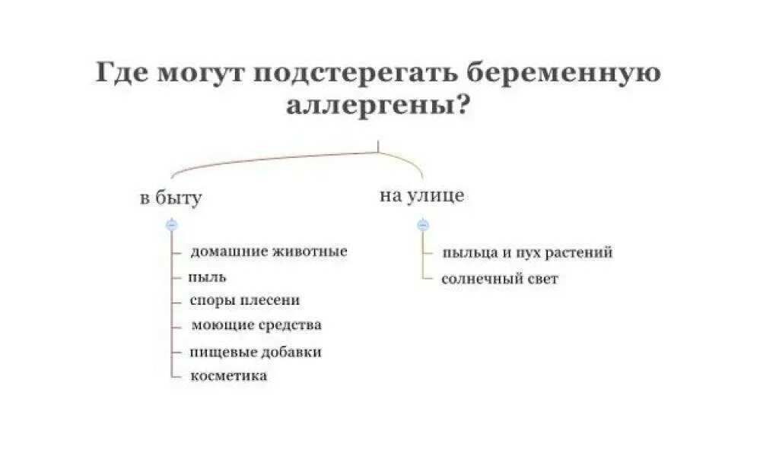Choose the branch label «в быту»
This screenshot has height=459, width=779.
point(170,199)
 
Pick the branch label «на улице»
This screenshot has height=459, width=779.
point(421,195)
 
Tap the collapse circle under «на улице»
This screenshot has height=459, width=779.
point(424,225)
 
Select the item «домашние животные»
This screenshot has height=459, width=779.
point(269,251)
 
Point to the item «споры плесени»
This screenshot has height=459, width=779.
point(245,300)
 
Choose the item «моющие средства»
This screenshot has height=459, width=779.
point(256,325)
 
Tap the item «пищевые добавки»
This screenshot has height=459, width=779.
point(256,352)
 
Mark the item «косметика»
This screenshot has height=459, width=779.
point(228,375)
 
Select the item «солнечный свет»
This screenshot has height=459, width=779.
point(500,279)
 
